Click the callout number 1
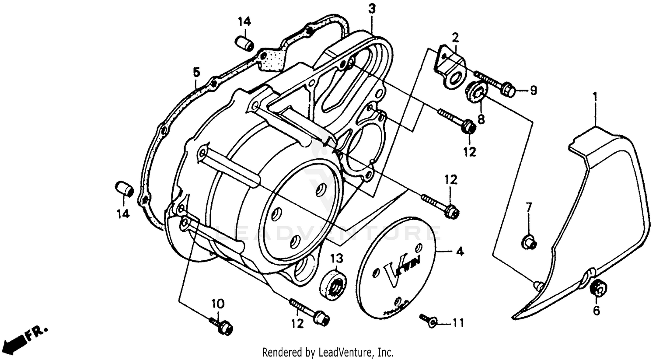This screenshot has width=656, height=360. (x=594, y=95)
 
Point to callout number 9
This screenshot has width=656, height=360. (x=533, y=91)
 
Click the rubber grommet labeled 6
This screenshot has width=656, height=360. (x=597, y=288)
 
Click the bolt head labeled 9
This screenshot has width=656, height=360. (x=507, y=90)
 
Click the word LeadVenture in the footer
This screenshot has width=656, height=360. (x=348, y=352)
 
